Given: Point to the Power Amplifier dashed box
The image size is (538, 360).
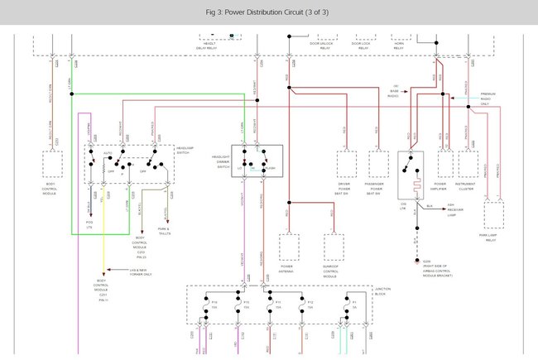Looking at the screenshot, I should coord(440,164).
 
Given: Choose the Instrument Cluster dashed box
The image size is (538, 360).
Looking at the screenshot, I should coord(468,164).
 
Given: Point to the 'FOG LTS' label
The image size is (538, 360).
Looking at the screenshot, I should coord(89,224).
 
